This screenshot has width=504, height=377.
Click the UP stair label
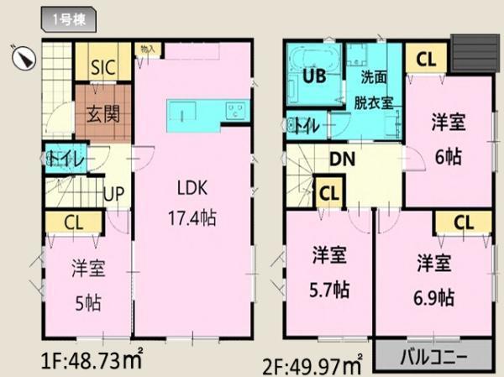[113, 194]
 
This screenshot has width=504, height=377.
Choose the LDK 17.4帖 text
[192, 202]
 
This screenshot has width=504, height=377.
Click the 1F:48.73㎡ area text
[91, 363]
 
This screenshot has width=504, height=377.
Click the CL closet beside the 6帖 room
[426, 60]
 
